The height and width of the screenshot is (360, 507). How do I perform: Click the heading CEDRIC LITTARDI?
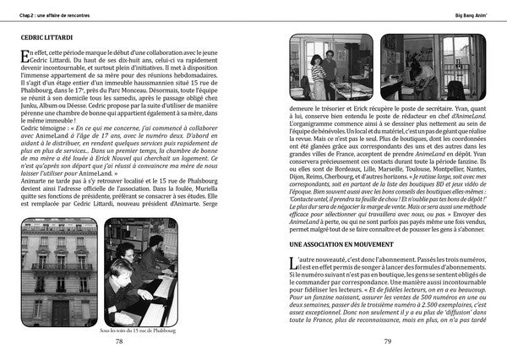(51, 36)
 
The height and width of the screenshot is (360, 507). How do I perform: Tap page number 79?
(386, 341)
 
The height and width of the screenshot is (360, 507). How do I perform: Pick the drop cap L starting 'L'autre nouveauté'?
(293, 265)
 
